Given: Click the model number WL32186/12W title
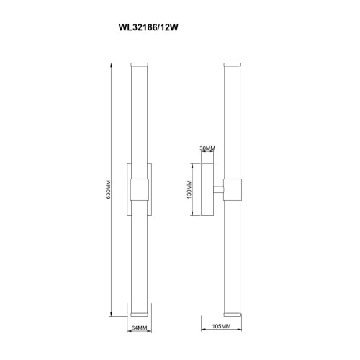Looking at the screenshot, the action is (148, 27).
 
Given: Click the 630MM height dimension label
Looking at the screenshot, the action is (108, 189).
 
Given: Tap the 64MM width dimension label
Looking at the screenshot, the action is (139, 328).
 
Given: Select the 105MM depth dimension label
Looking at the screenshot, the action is (221, 326).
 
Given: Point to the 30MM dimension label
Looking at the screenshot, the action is (207, 148).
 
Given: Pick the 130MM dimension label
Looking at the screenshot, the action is (189, 189).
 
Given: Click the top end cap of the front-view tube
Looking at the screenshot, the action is (139, 65).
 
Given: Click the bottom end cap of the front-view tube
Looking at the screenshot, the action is (139, 315).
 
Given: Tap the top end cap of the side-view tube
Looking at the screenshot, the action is (232, 65).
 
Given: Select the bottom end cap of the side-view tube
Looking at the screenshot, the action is (232, 315).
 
